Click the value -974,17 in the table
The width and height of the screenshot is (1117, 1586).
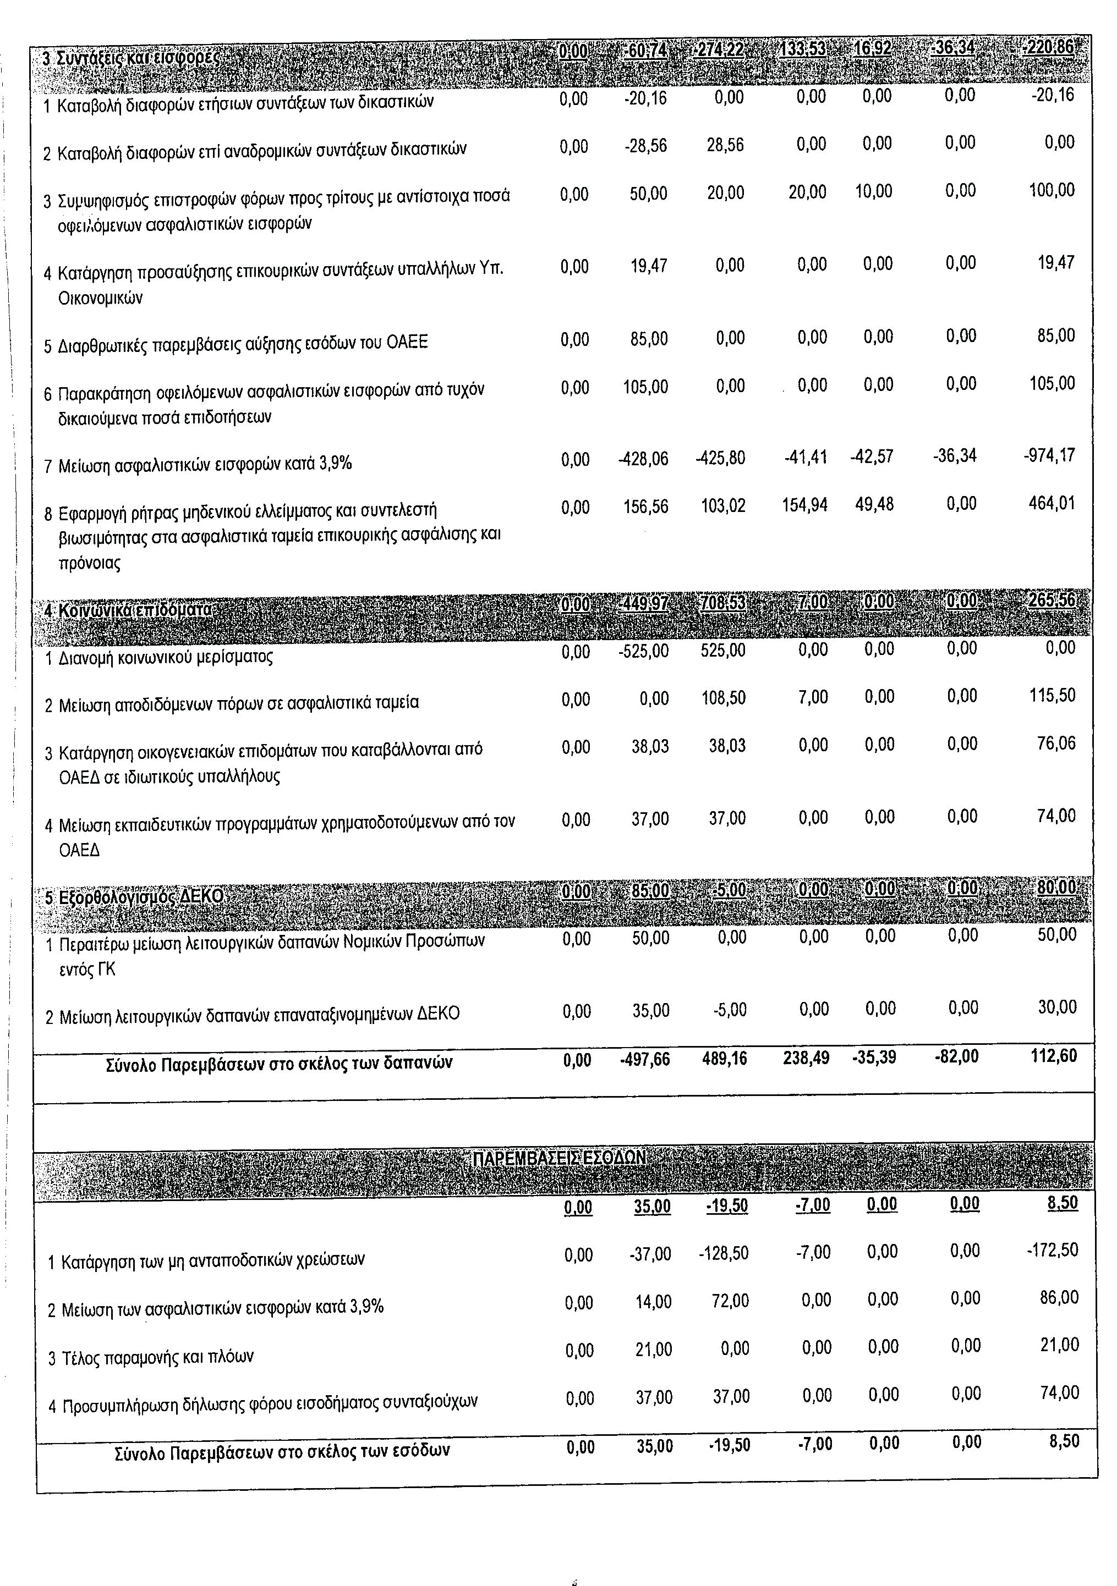point(1049,456)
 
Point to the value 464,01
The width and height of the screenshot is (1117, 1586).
point(1052,504)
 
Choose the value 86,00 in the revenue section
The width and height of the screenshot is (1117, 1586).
point(1059,1298)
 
